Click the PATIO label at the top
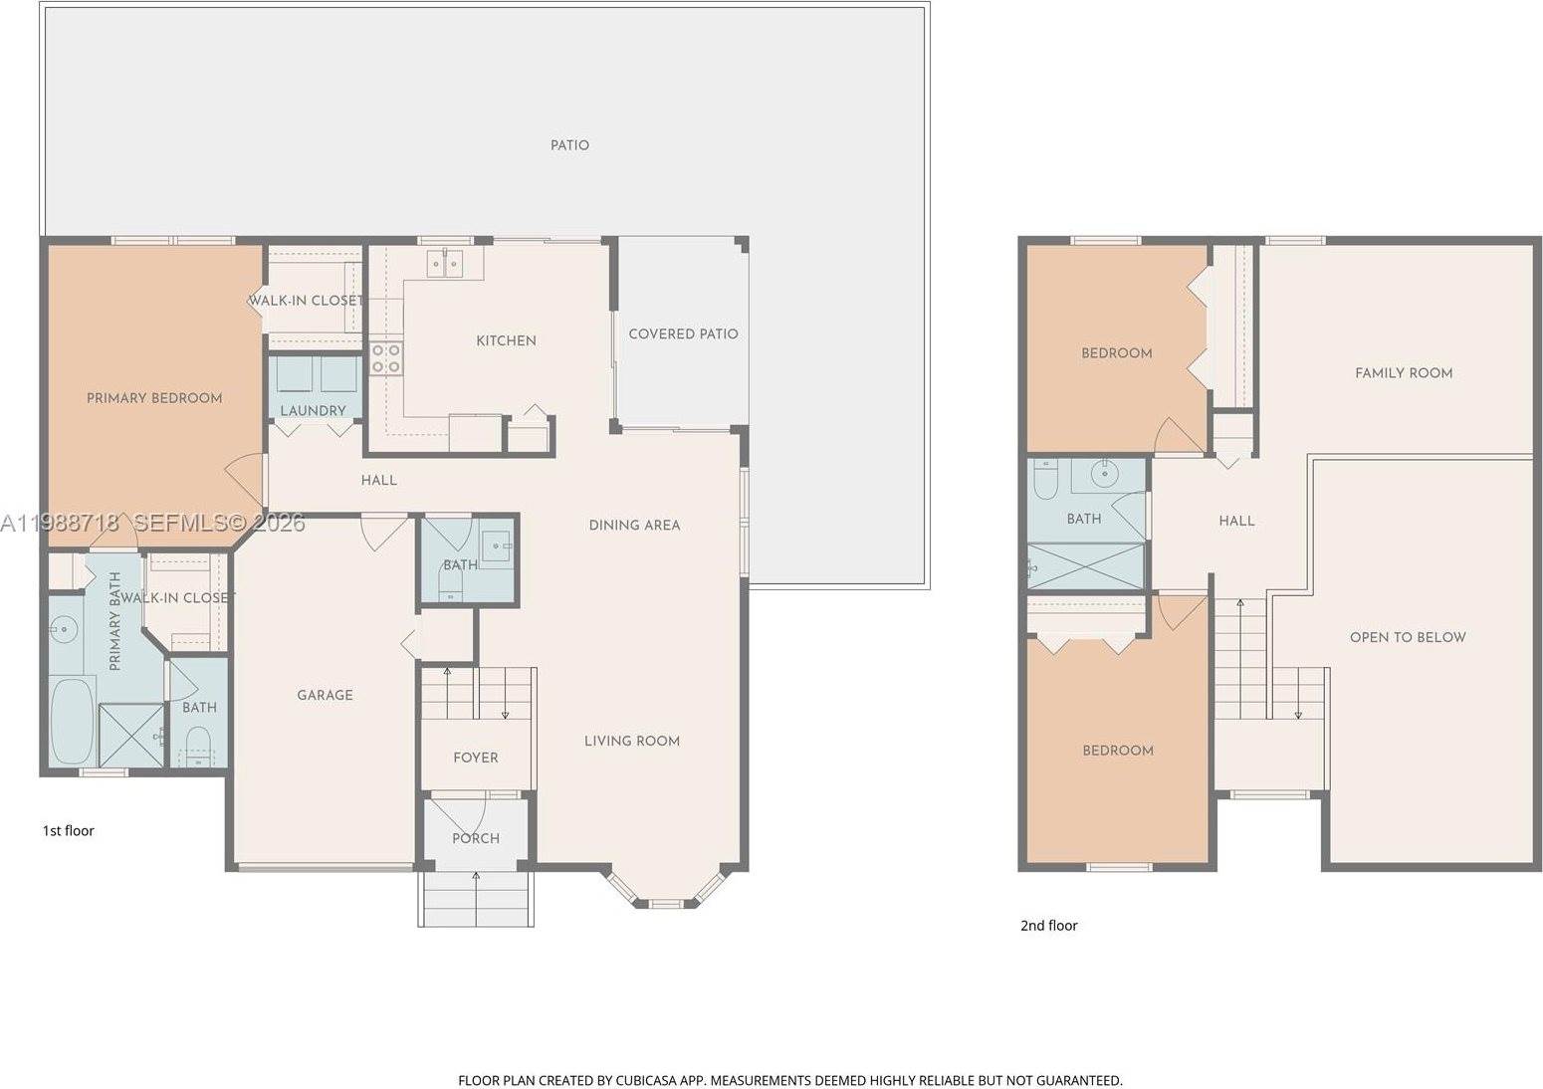[569, 145]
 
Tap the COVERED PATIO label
[683, 334]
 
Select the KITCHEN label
[506, 340]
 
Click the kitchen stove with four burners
[386, 358]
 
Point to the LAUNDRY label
[313, 410]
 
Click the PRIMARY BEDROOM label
[154, 398]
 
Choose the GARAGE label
[325, 695]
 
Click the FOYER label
[475, 758]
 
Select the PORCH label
[475, 838]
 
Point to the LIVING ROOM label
[631, 741]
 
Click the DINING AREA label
[634, 525]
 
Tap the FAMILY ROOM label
[1403, 373]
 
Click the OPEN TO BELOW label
[1407, 637]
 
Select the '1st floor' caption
[68, 830]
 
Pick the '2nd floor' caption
[1048, 925]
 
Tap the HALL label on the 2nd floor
[1236, 521]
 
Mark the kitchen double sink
[444, 264]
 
